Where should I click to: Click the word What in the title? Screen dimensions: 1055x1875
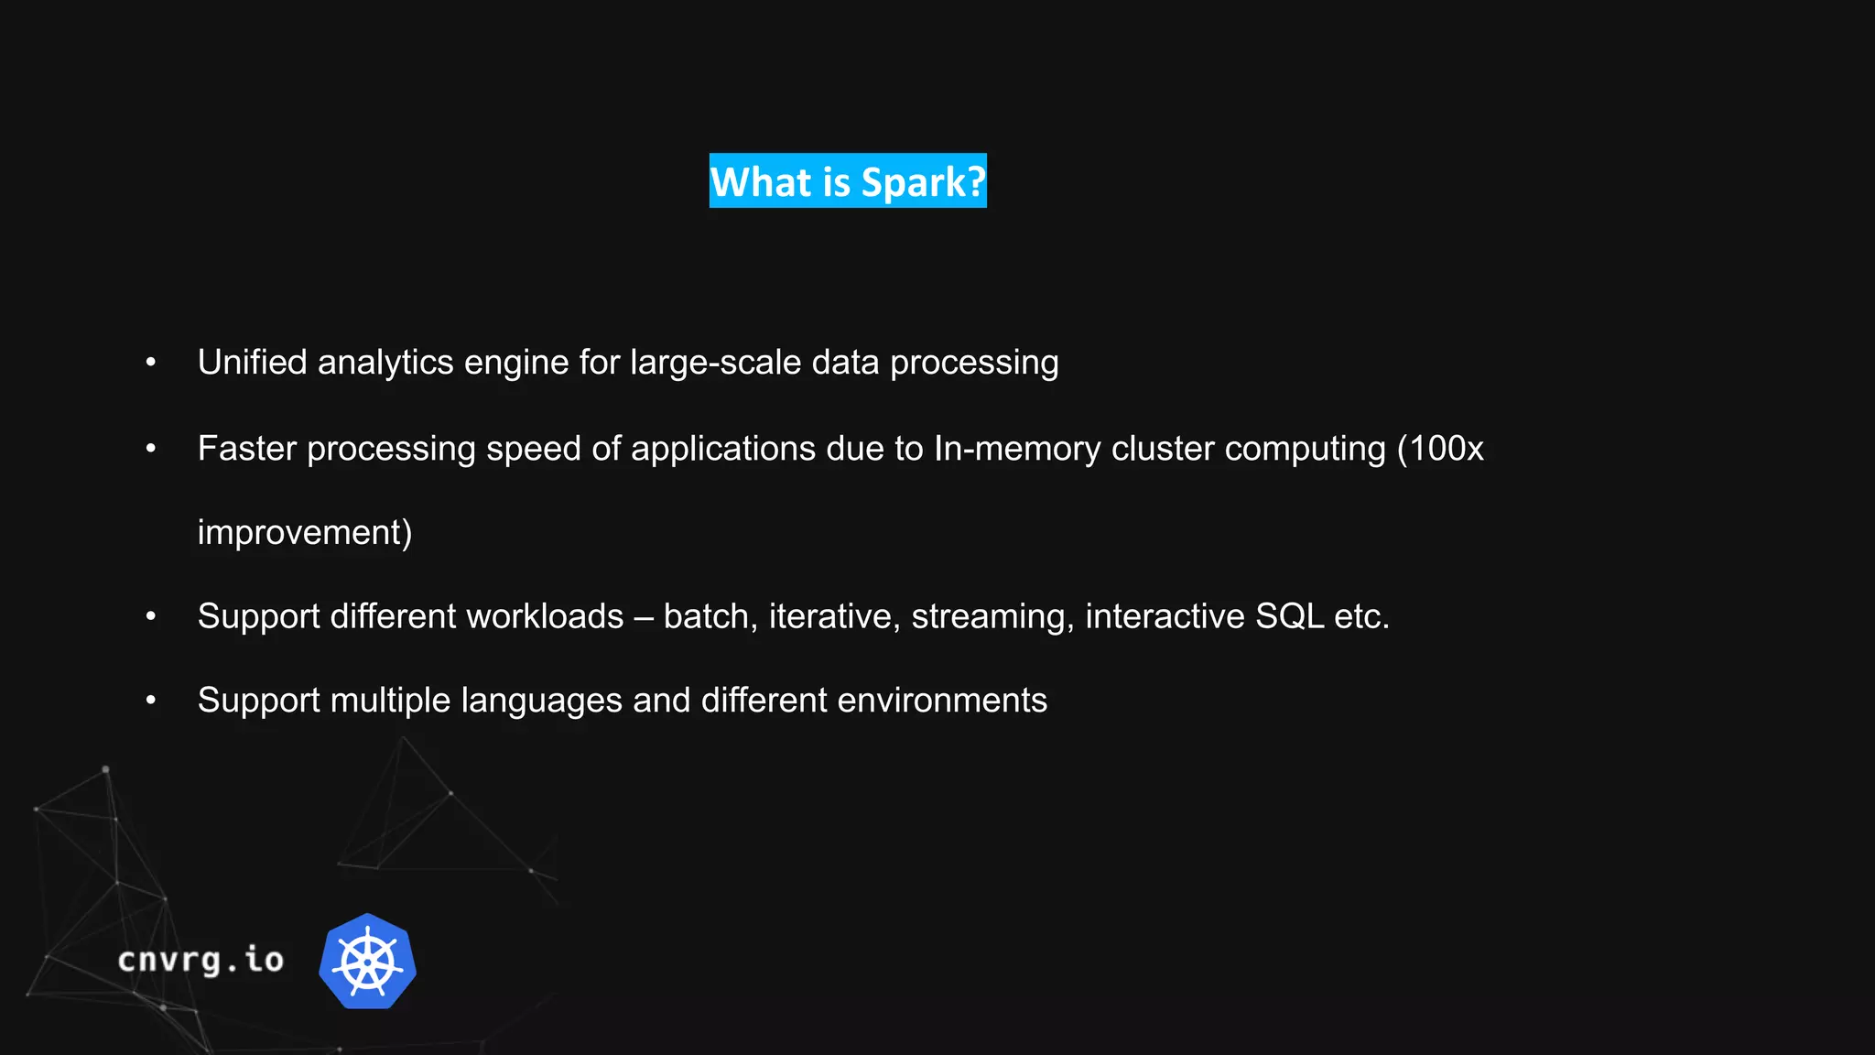click(762, 182)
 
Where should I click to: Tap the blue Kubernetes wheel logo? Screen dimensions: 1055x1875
click(368, 962)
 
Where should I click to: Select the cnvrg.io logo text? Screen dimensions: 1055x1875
click(201, 960)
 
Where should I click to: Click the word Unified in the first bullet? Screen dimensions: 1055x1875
click(253, 363)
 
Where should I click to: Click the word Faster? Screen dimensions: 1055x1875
click(247, 449)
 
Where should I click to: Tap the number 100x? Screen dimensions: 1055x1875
click(1447, 449)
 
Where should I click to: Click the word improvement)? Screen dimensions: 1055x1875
click(305, 533)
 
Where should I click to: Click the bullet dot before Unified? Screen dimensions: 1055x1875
click(151, 363)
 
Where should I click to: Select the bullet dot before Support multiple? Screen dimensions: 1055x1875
click(151, 701)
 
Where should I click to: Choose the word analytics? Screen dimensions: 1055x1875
click(385, 363)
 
